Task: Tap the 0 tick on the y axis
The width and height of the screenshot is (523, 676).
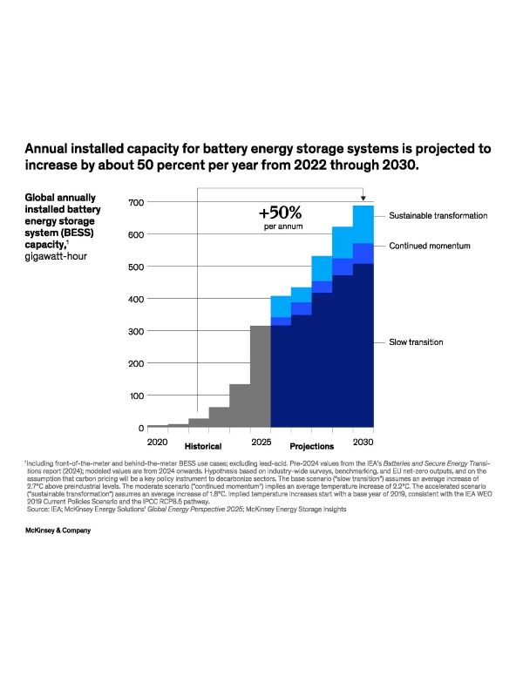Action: [x=139, y=429]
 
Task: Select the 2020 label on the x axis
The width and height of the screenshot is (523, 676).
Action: [x=157, y=443]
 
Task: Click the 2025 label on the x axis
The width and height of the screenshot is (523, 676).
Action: [x=261, y=443]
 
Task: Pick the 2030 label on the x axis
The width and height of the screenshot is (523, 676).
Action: [x=363, y=443]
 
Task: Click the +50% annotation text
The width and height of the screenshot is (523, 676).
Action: [x=280, y=212]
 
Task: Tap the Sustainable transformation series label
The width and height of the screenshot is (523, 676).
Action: [x=438, y=215]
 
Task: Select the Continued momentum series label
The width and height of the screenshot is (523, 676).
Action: [x=429, y=247]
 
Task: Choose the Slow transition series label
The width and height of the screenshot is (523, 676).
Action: [x=416, y=342]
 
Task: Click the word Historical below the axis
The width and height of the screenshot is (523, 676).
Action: [x=203, y=446]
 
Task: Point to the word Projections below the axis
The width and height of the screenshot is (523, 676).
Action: [x=312, y=446]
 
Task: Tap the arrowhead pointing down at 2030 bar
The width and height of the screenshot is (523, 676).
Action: [x=363, y=199]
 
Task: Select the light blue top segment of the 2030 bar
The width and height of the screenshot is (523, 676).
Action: [x=363, y=226]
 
